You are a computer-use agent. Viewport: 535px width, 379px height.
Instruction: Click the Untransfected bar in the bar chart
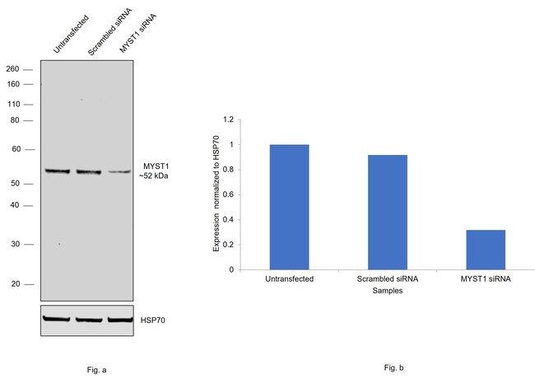(x=289, y=207)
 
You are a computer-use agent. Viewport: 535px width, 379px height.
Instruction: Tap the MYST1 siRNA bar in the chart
(x=485, y=250)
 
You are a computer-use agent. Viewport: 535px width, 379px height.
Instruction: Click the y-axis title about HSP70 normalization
(x=216, y=194)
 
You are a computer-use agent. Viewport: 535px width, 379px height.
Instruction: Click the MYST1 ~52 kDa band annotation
(x=156, y=171)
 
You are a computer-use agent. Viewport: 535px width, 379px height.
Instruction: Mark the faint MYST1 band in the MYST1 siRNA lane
(x=119, y=171)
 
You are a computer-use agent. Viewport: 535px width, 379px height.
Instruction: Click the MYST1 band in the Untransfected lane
(x=58, y=171)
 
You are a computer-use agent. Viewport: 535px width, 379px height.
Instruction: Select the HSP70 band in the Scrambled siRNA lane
(x=88, y=319)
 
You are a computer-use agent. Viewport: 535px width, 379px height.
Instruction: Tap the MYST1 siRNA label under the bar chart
(x=485, y=280)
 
